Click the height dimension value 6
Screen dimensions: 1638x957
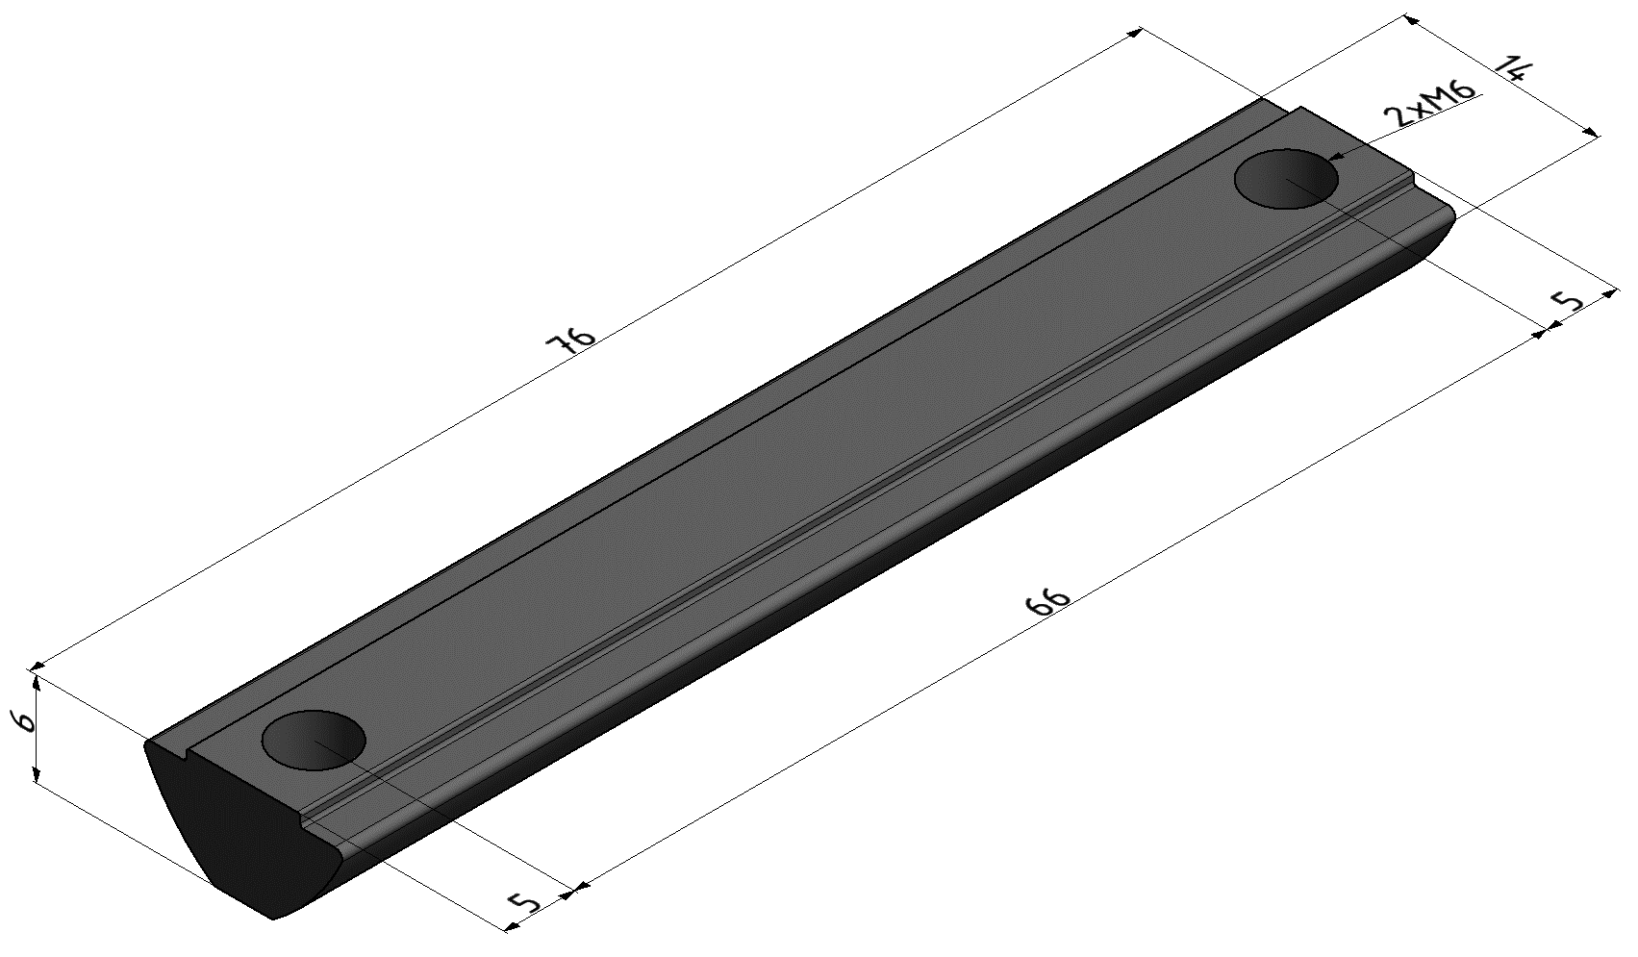[x=25, y=721]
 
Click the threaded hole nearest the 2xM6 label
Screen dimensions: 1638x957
[x=1286, y=179]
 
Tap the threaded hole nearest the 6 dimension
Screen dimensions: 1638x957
[x=313, y=740]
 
